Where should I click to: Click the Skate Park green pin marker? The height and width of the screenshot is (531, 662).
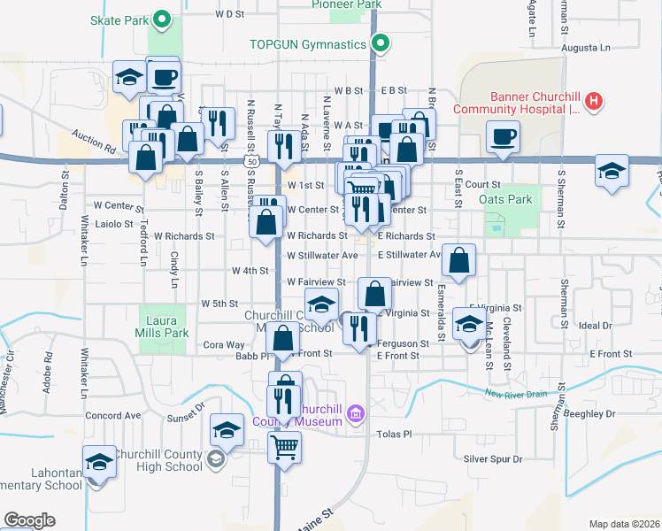[x=161, y=18]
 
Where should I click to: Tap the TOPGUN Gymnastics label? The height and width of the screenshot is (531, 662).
[x=307, y=43]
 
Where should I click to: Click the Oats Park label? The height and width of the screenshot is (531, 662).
[x=505, y=199]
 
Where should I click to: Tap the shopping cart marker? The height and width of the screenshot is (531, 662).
[x=284, y=447]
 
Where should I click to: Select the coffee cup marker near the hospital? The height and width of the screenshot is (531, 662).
[x=503, y=136]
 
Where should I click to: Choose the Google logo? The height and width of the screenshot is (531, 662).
[x=29, y=519]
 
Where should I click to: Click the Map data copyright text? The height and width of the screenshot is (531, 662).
[x=623, y=524]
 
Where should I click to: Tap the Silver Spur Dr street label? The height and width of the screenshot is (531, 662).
[x=493, y=458]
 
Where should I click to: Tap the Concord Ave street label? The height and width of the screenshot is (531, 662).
[x=113, y=415]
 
